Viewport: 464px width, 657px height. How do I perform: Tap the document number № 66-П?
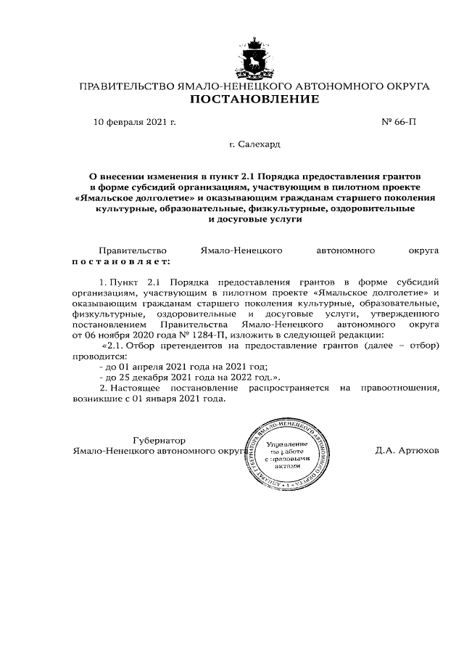tap(399, 122)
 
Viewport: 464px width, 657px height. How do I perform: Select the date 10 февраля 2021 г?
tap(135, 122)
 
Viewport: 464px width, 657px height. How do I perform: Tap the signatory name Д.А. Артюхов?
tap(407, 451)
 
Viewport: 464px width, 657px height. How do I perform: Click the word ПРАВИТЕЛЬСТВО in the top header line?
tap(123, 86)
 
